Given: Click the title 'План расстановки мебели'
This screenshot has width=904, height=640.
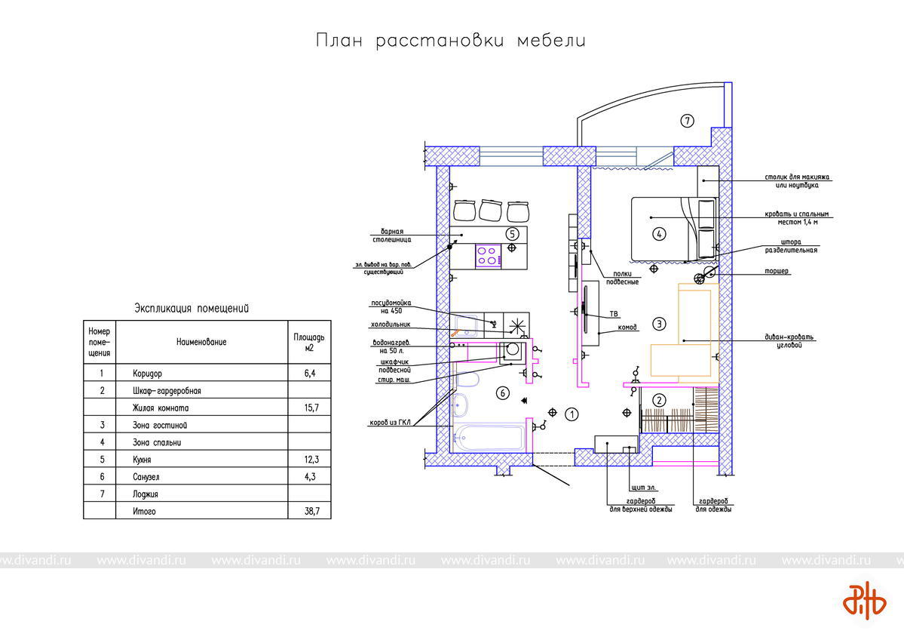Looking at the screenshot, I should (451, 41).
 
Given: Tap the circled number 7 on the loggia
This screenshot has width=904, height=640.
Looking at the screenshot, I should (686, 120).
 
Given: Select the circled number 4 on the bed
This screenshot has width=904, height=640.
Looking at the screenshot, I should (659, 234).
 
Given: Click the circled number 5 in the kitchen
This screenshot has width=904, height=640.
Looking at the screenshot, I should (512, 234).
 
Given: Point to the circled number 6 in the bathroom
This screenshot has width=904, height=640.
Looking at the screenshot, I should (503, 392).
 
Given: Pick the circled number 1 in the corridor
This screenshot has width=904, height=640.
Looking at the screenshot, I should (572, 414).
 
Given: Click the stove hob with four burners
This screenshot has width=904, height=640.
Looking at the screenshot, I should (489, 254).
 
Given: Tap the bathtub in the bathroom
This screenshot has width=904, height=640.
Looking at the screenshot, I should (489, 438).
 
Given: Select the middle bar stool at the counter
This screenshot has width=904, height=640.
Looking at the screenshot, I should (490, 210).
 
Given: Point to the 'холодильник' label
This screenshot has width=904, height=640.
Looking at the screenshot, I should (390, 325).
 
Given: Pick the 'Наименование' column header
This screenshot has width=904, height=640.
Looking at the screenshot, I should (201, 342).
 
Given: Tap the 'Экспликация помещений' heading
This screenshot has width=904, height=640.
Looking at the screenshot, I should (192, 309).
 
